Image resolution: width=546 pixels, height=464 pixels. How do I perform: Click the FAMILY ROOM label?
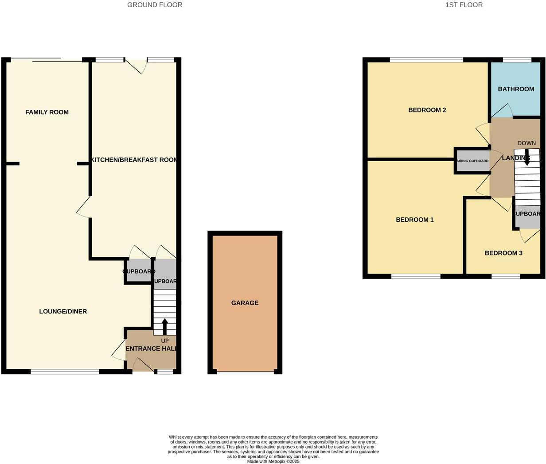[47, 112]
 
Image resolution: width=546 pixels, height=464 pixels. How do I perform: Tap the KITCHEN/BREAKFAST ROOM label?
[134, 160]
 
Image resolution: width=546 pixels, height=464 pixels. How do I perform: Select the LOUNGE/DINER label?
[63, 312]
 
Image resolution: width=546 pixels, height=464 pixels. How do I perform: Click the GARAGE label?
[245, 303]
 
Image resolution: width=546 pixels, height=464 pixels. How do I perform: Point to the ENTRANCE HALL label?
[151, 349]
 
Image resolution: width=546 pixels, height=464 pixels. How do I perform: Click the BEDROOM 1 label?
[414, 220]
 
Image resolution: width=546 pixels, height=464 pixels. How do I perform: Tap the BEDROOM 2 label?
[427, 110]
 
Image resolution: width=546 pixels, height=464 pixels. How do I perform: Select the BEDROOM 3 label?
[503, 253]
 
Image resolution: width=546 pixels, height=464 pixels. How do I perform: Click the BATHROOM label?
[516, 89]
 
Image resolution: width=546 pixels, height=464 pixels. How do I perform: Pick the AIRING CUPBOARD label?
[473, 161]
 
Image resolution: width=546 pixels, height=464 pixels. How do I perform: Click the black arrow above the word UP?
[165, 326]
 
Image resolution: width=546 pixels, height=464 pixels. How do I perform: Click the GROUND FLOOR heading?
[155, 5]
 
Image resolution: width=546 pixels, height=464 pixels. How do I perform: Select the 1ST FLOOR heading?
[464, 5]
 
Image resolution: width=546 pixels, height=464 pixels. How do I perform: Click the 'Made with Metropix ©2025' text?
[273, 461]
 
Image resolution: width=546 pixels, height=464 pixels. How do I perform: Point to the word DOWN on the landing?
[526, 143]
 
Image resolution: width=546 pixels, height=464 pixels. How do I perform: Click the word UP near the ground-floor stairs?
[165, 341]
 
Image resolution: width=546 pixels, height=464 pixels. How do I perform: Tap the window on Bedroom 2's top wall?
[426, 60]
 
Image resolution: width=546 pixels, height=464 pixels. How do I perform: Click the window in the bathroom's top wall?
[517, 60]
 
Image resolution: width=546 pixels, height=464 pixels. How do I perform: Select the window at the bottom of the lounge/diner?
[65, 372]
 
